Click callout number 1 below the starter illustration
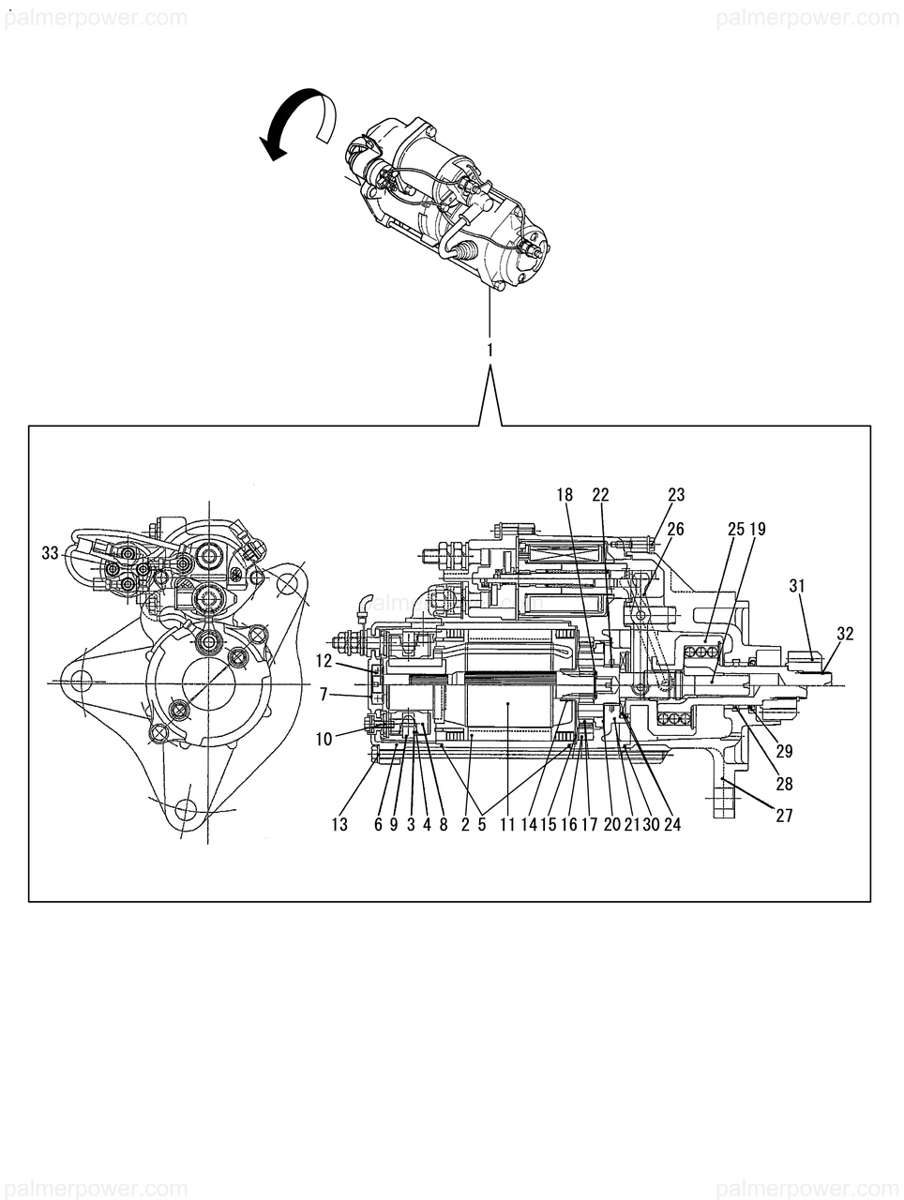pyautogui.click(x=490, y=350)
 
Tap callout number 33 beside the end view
pyautogui.click(x=51, y=554)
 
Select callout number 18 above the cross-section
pyautogui.click(x=564, y=494)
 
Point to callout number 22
pyautogui.click(x=600, y=494)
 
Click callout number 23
pyautogui.click(x=676, y=494)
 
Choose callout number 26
pyautogui.click(x=675, y=530)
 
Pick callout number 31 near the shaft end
pyautogui.click(x=797, y=586)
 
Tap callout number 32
pyautogui.click(x=845, y=634)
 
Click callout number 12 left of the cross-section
pyautogui.click(x=324, y=661)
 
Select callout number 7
pyautogui.click(x=324, y=695)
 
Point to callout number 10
pyautogui.click(x=324, y=740)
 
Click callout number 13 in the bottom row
pyautogui.click(x=339, y=825)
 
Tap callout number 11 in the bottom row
pyautogui.click(x=507, y=825)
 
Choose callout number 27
pyautogui.click(x=784, y=816)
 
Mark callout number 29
pyautogui.click(x=784, y=752)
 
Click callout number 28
pyautogui.click(x=784, y=785)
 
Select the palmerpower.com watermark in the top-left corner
pyautogui.click(x=94, y=18)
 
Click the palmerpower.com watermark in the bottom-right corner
pyautogui.click(x=808, y=1184)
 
